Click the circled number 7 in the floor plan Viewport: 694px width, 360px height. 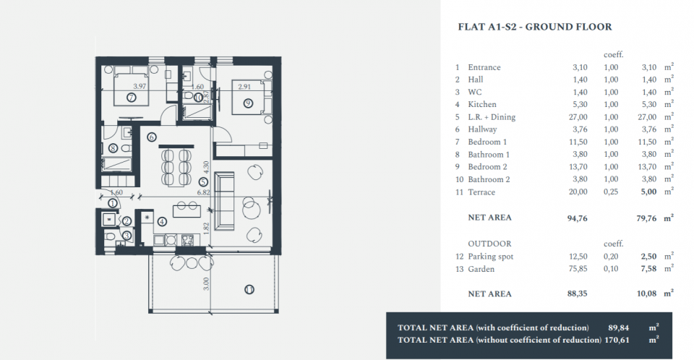[131, 98]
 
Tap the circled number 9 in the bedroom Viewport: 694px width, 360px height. [248, 103]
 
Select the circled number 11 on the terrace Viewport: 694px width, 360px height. [249, 290]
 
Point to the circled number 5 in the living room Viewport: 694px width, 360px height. [202, 181]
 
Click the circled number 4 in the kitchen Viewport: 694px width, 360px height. [162, 221]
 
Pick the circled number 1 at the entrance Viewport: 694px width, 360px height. [113, 203]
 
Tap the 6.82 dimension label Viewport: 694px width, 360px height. [203, 192]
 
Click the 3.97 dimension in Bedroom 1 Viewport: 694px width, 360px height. [140, 86]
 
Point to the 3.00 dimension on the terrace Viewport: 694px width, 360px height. [205, 284]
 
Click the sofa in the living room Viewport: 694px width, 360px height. [224, 202]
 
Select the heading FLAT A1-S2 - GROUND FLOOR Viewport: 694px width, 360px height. [535, 27]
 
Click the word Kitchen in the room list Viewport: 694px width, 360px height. [482, 105]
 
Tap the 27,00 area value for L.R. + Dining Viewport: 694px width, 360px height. [578, 117]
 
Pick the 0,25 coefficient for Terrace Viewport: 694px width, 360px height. [611, 192]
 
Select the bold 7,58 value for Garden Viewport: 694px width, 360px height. [648, 269]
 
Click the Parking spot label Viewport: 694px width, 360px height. [490, 257]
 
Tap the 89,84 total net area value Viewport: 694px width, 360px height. [618, 327]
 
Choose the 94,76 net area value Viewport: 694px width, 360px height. [577, 218]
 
